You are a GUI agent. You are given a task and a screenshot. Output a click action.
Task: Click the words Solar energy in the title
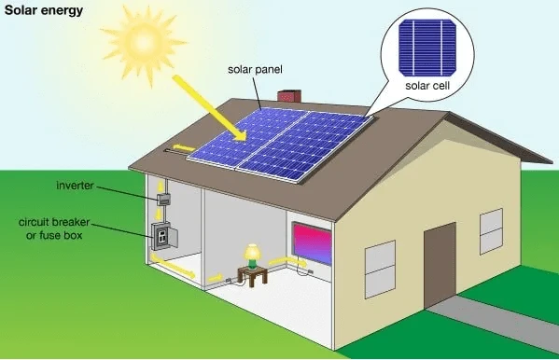pyautogui.click(x=42, y=11)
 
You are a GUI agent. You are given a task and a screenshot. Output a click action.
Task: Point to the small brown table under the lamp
pyautogui.click(x=251, y=274)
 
